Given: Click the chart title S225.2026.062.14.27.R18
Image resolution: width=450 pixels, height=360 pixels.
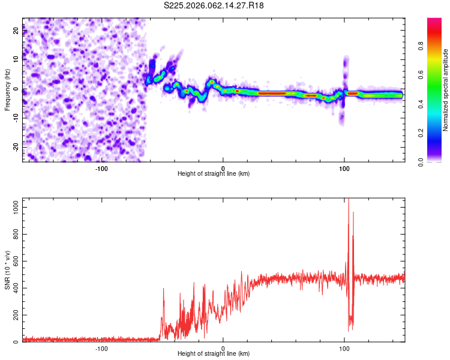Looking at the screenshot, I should pos(214,5).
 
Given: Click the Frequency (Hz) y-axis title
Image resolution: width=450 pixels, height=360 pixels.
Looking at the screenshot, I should pos(7,89).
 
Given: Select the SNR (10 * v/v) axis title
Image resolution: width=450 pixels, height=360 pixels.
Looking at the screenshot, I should pos(7,270).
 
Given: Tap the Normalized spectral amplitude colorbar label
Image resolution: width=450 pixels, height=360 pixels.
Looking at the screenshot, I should pos(446,90).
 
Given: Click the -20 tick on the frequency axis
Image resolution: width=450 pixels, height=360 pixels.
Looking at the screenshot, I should pos(16,147).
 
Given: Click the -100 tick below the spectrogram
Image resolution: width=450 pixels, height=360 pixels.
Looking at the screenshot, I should pos(101,167).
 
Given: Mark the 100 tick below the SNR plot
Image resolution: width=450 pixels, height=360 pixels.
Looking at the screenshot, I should pos(344,348).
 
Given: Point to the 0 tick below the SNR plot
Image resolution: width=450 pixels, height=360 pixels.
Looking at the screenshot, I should pos(223,348).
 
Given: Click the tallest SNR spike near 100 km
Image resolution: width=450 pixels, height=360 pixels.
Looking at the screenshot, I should pos(349,200).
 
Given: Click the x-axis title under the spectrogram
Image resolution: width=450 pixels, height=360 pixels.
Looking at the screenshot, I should pos(214,173).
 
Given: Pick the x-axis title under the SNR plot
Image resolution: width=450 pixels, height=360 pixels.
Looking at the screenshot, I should pos(214,354).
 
